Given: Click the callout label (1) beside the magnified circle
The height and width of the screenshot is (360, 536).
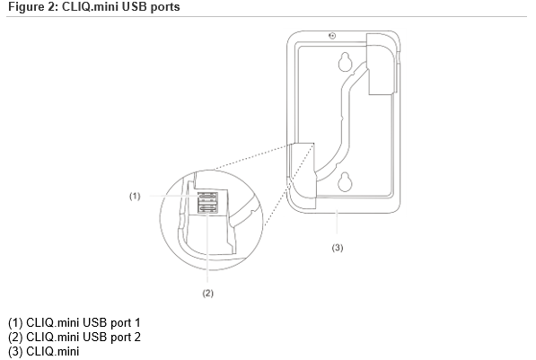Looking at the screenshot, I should [134, 195].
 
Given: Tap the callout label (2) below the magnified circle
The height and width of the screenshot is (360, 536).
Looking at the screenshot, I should [207, 293].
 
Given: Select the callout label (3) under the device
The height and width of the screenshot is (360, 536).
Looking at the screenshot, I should [338, 247].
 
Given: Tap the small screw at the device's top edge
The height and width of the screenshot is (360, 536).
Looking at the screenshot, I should [332, 37].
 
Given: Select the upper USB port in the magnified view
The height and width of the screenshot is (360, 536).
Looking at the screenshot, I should [206, 197].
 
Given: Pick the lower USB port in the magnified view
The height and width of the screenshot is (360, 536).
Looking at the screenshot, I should [206, 209].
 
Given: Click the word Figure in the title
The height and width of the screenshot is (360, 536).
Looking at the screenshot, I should [23, 7].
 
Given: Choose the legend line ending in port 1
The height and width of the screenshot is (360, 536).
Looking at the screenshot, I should [75, 321].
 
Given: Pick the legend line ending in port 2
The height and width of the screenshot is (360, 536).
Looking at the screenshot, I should [75, 336].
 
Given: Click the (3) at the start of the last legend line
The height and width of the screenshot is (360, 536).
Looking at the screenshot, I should [15, 350].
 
